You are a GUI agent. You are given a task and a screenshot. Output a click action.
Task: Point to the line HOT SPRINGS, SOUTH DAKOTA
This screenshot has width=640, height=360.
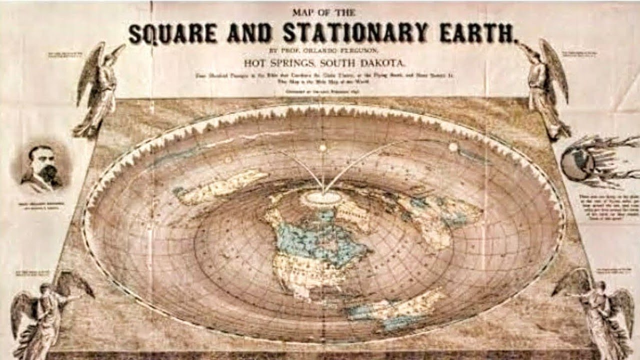(x=324, y=63)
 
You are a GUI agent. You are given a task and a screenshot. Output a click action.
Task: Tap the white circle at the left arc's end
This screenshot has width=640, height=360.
(x=322, y=148)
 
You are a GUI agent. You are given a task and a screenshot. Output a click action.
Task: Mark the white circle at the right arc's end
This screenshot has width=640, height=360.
(x=453, y=147)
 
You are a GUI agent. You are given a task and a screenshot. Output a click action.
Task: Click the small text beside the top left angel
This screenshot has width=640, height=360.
(x=64, y=54)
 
